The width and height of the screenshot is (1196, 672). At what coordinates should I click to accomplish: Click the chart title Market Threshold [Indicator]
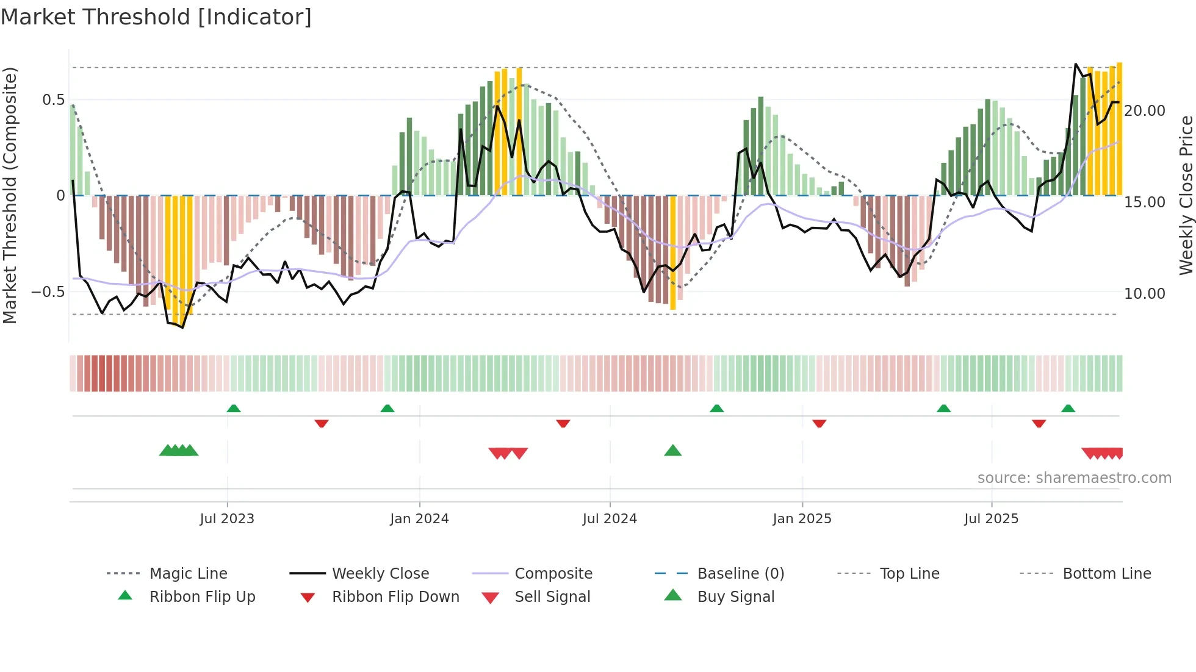[156, 17]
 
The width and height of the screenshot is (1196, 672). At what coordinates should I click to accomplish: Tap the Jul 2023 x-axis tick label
[226, 519]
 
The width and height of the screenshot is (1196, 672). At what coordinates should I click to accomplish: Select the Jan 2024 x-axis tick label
[419, 519]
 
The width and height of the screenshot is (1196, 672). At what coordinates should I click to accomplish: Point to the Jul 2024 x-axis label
[610, 519]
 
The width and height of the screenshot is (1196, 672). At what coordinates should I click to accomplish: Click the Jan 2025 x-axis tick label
[802, 519]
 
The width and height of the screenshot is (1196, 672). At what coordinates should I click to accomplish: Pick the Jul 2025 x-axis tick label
[991, 519]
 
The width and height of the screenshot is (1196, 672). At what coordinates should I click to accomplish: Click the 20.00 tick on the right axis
[1145, 111]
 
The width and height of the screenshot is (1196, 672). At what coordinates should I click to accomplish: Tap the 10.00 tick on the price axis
[1145, 294]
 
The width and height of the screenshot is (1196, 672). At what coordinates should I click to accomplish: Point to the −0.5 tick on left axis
[48, 292]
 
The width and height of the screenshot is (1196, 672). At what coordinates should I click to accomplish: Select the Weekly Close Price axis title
[1186, 195]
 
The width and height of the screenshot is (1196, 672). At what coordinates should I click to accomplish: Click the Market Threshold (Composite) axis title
[10, 195]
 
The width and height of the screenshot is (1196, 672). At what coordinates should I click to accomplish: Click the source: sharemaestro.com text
[1074, 478]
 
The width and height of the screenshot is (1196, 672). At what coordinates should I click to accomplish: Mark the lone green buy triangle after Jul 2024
[672, 451]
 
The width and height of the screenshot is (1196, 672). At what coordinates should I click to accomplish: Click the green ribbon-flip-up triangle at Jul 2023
[234, 409]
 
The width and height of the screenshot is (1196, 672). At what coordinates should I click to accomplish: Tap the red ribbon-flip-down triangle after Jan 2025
[819, 423]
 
